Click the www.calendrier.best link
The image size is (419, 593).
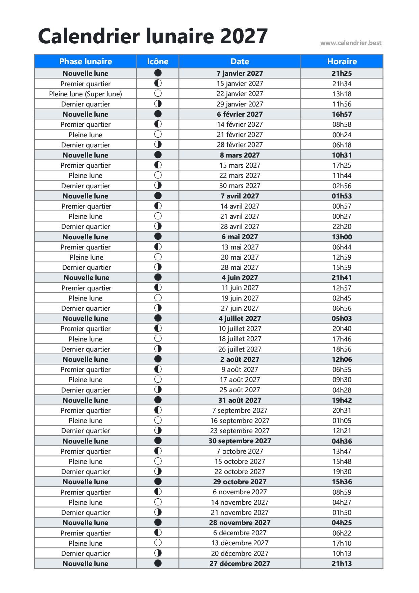coord(351,43)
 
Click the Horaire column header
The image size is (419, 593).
coord(342,61)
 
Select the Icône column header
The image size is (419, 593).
coord(157,61)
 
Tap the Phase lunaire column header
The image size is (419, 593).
coord(85,61)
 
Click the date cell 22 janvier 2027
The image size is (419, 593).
coord(240,94)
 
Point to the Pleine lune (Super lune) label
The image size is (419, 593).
coord(85,94)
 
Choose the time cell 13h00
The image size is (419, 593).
coord(342,237)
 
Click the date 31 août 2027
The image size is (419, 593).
coord(240,400)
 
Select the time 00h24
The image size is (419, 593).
coord(342,135)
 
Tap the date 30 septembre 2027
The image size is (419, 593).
coord(240,441)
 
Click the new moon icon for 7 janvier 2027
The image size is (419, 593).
coord(157,73)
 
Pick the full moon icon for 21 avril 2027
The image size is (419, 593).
coord(157,216)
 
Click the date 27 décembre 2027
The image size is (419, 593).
coord(240,563)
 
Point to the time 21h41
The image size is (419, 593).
coord(342,278)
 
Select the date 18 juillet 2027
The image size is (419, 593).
coord(240,339)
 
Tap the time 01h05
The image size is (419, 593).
coord(342,420)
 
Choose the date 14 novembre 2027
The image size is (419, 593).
coord(240,502)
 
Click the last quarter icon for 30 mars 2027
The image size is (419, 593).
coord(157,185)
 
